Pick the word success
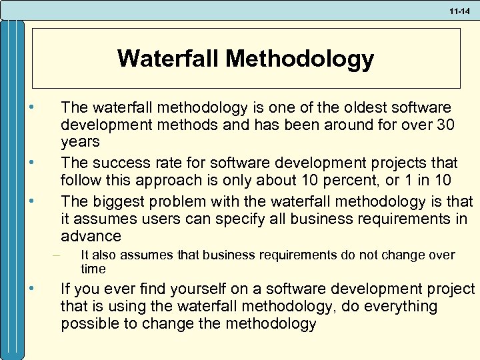tap(117, 163)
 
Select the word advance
tap(91, 237)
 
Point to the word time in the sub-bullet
tap(93, 269)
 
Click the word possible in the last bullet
tap(86, 325)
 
